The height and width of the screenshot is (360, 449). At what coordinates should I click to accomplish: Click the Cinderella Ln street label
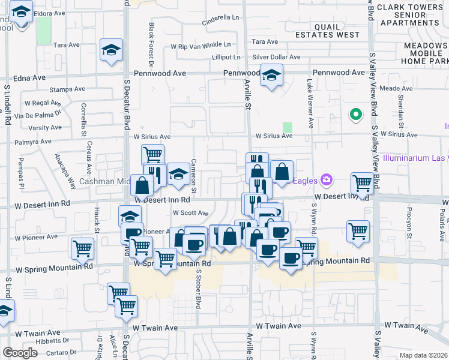pos(221,17)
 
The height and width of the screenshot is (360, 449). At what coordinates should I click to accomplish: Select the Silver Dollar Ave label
pos(276,57)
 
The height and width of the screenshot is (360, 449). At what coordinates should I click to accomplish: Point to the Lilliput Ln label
pos(226,58)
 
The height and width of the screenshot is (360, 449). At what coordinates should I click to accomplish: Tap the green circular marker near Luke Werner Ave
pos(355,113)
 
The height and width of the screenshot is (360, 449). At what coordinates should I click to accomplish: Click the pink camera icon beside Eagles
pos(327,179)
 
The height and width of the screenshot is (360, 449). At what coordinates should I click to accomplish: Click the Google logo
pos(20,353)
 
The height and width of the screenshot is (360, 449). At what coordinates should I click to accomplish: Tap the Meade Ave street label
pos(396,88)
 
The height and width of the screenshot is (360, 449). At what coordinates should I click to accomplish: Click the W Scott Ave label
pos(190,212)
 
